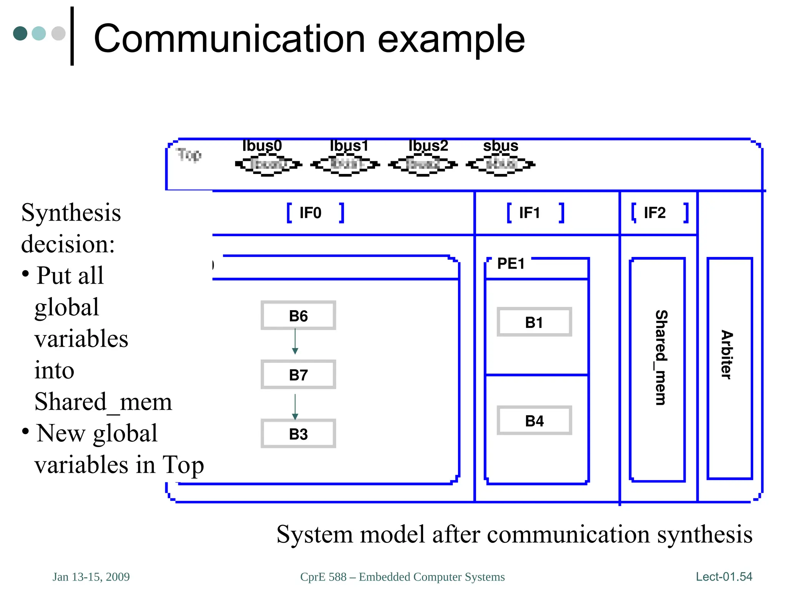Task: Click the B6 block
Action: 298,316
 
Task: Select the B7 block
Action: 298,375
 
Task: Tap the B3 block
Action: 298,434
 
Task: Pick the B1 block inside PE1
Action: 534,322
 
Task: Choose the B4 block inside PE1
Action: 534,421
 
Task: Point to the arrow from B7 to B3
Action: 295,406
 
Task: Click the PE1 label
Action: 511,264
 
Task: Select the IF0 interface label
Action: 310,213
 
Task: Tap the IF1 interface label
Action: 530,213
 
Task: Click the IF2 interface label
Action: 654,213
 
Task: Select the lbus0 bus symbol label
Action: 262,146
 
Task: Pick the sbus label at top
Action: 500,146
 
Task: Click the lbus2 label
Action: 428,146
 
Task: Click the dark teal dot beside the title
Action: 20,33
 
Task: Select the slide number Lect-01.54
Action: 724,576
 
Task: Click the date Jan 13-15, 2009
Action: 91,577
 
